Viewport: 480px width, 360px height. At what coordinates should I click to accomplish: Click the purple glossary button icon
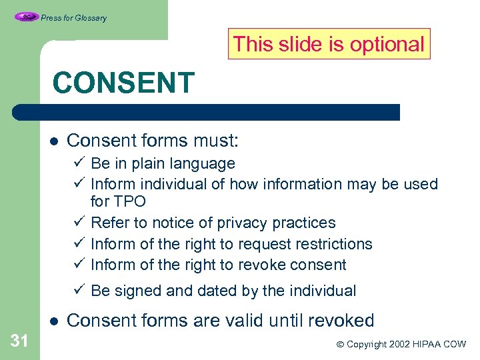click(x=26, y=17)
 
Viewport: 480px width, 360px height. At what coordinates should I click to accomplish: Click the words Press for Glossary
click(x=73, y=18)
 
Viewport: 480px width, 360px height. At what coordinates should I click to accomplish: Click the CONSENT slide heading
click(x=123, y=83)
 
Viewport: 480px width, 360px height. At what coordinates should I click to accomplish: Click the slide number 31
click(x=20, y=341)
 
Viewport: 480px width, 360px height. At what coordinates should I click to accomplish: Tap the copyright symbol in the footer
click(x=340, y=345)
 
